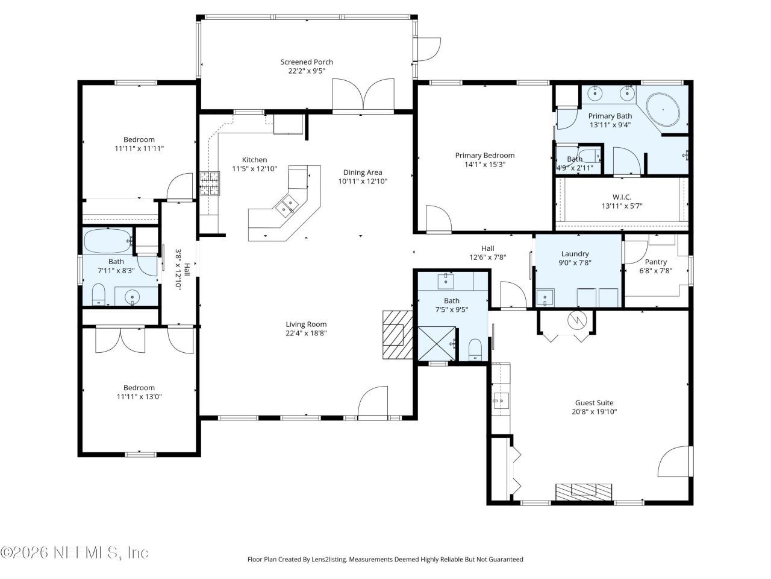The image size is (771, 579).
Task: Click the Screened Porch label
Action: tap(307, 62)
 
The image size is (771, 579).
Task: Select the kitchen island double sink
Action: tap(287, 206)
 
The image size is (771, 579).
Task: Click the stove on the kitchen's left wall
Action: tap(209, 183)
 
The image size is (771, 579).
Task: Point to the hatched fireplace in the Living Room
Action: tap(395, 335)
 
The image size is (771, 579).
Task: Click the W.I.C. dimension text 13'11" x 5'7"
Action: tap(622, 206)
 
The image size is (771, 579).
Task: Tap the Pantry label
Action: tap(655, 262)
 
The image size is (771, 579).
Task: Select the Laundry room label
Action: tap(575, 254)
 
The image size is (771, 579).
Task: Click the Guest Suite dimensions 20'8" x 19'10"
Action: tap(594, 412)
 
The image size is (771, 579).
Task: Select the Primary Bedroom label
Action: tap(484, 156)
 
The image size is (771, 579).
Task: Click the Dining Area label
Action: tap(363, 172)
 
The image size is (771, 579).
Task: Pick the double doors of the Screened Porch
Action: tap(363, 95)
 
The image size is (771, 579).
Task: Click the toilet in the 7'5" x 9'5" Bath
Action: tap(476, 349)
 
